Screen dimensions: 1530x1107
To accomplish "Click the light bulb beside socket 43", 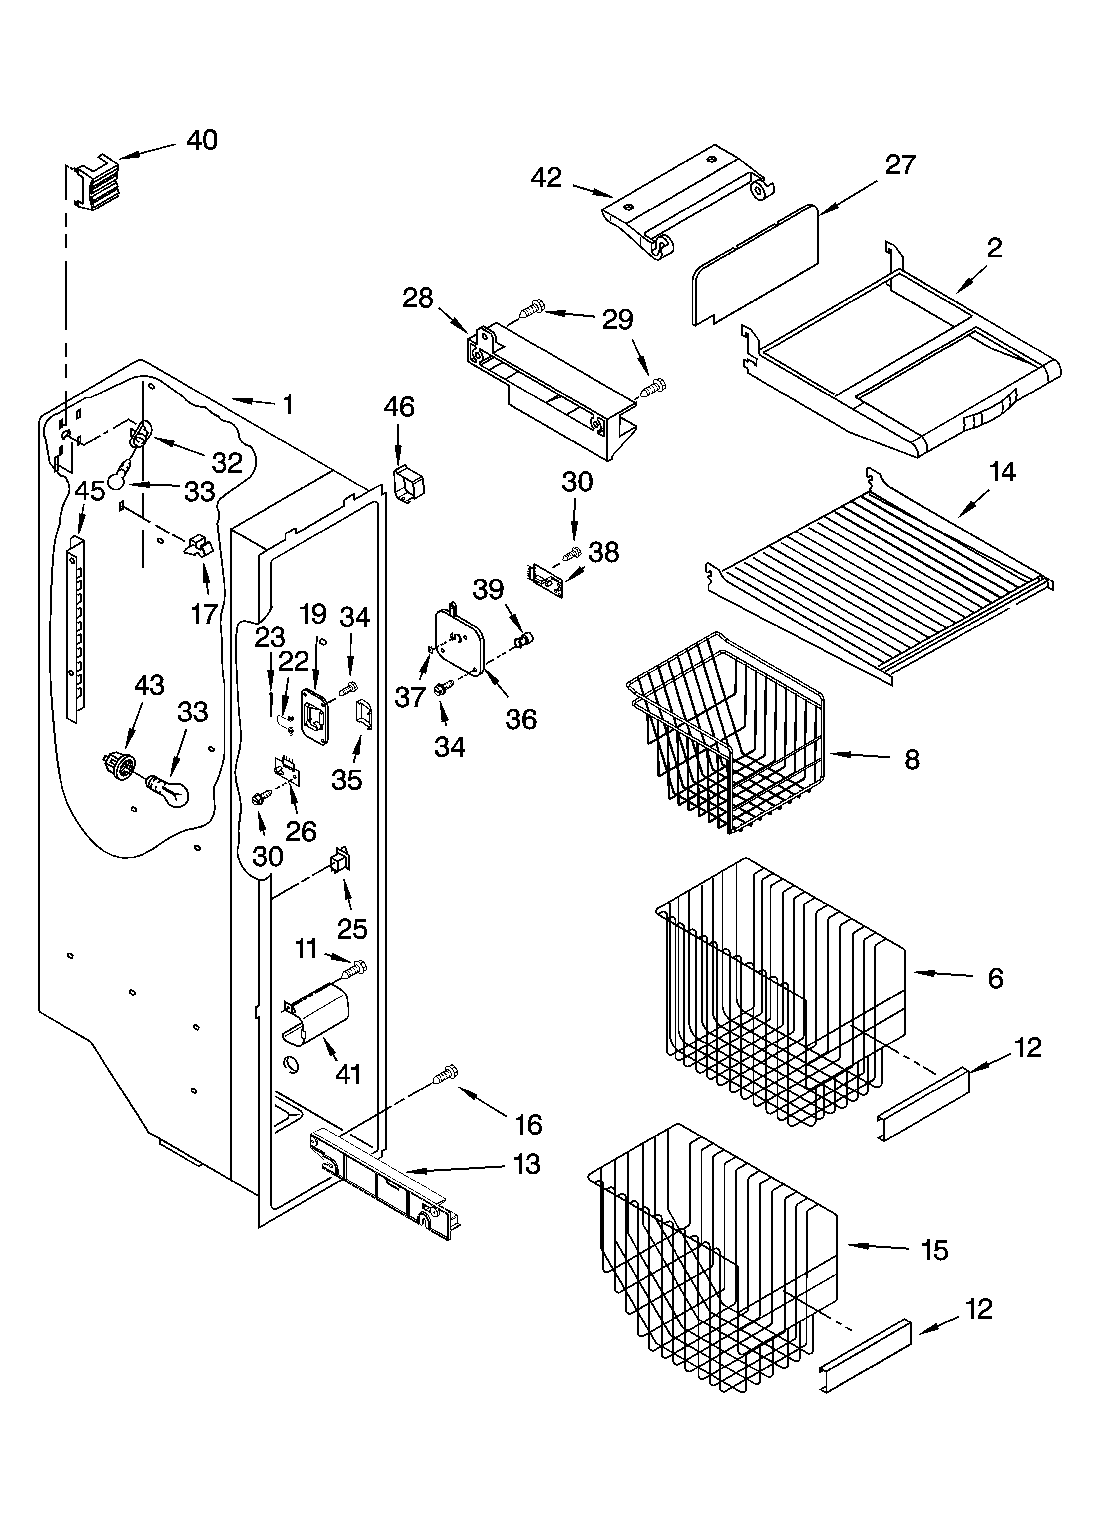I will click(169, 789).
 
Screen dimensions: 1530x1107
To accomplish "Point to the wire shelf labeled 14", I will click(877, 580).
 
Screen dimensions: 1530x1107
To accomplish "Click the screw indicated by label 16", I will click(445, 1073).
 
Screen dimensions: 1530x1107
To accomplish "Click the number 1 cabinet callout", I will click(288, 405).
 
